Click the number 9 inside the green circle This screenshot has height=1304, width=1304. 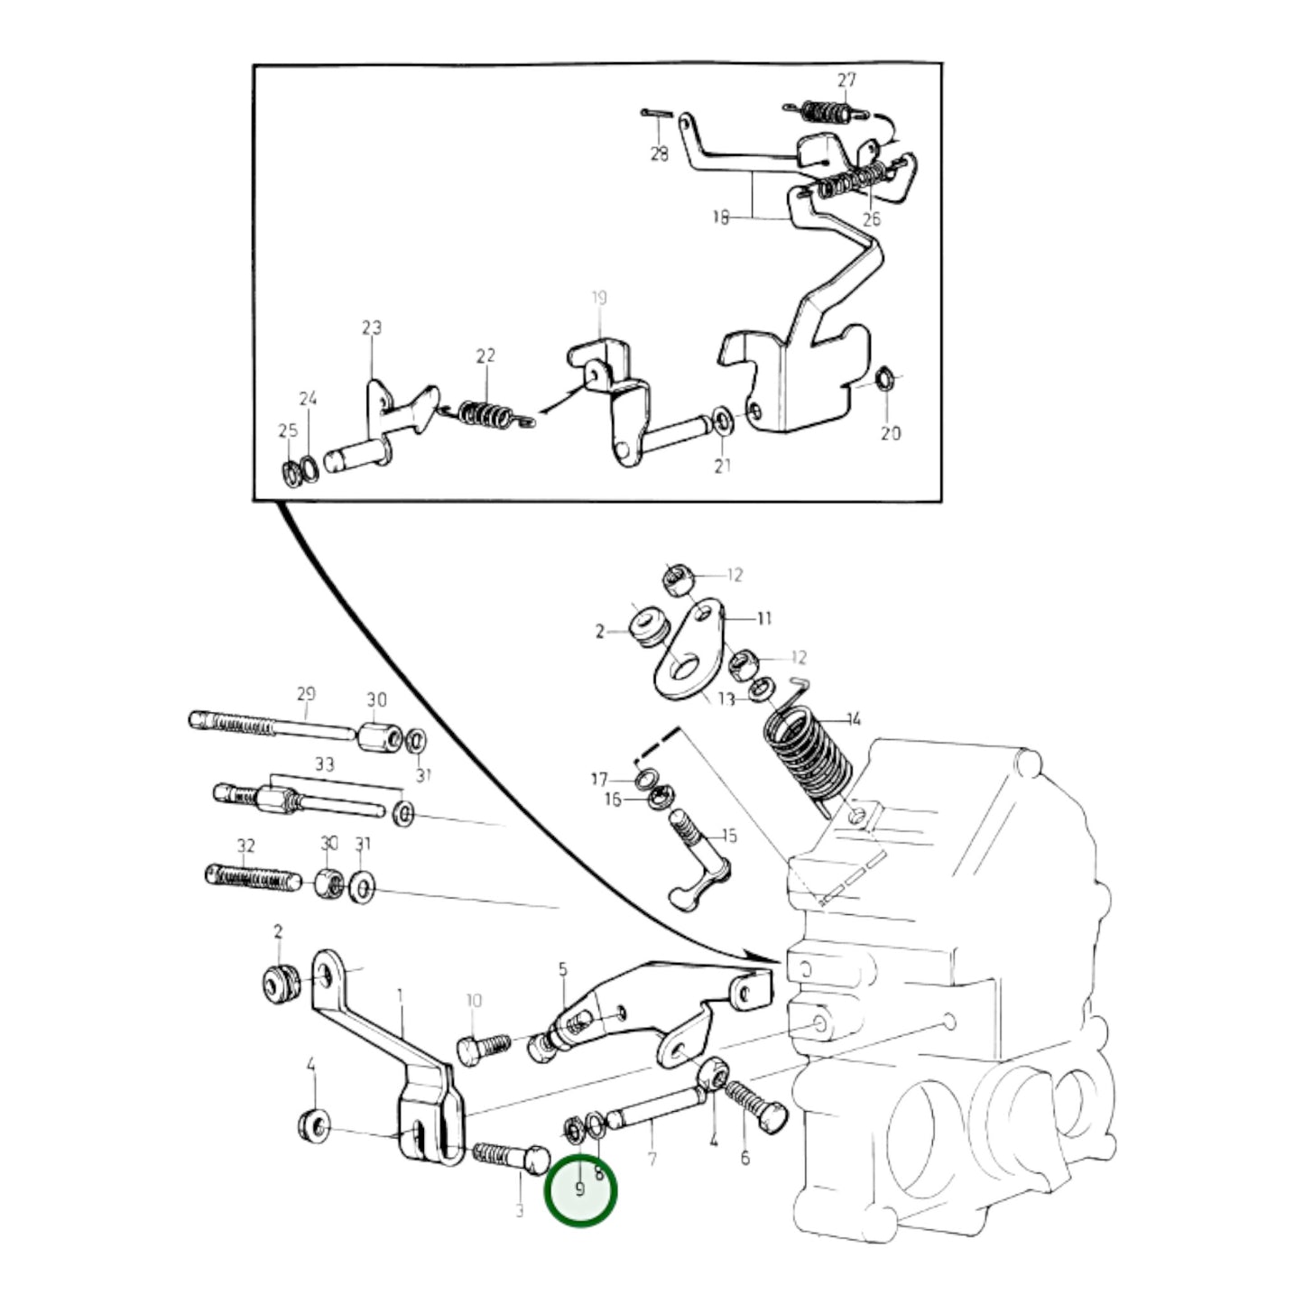pyautogui.click(x=580, y=1189)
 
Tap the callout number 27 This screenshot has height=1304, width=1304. pyautogui.click(x=846, y=80)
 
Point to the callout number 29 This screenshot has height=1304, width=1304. pyautogui.click(x=306, y=694)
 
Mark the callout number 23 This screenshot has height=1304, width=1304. pyautogui.click(x=372, y=328)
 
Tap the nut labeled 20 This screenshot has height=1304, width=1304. pyautogui.click(x=885, y=377)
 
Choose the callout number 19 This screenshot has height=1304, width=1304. pyautogui.click(x=599, y=297)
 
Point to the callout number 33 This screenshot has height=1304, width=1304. pyautogui.click(x=324, y=764)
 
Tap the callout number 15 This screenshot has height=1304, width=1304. pyautogui.click(x=729, y=836)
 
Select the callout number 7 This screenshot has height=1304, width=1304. pyautogui.click(x=652, y=1159)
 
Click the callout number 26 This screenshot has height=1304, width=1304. pyautogui.click(x=871, y=219)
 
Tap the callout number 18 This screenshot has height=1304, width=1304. pyautogui.click(x=720, y=217)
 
